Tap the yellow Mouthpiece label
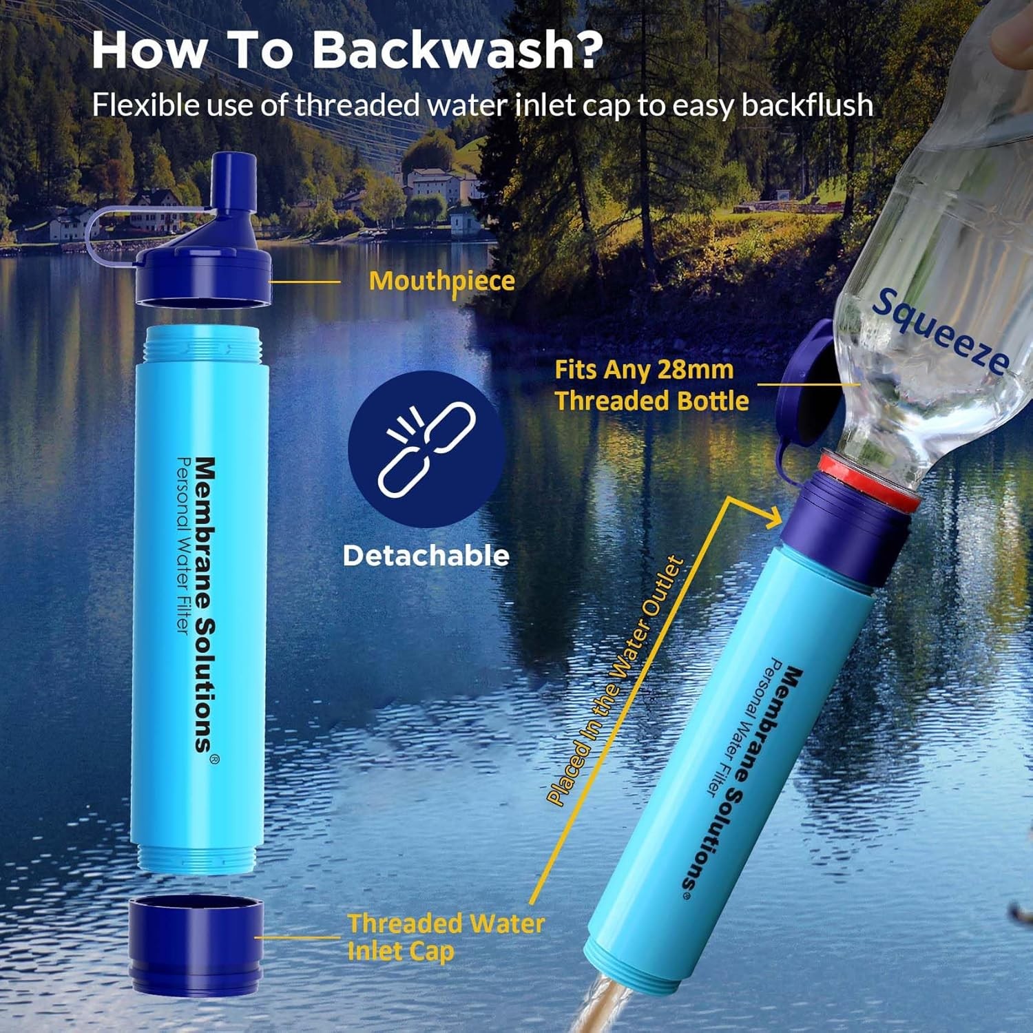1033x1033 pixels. pos(441,281)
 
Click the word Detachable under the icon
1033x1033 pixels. pos(426,556)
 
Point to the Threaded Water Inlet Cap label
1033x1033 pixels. pos(444,937)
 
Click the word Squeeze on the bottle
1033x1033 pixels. pos(941,331)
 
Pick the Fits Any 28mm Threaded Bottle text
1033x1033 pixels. pos(651,385)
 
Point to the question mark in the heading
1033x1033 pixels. pos(584,50)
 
